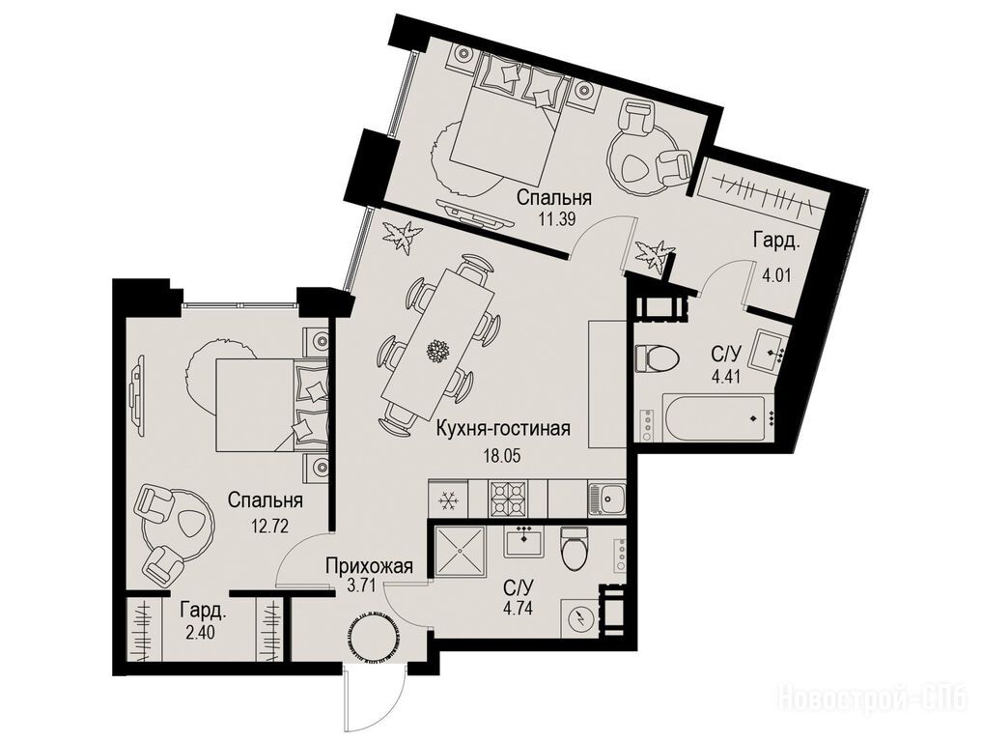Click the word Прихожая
tap(370, 566)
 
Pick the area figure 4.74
tap(518, 608)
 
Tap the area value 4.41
tap(726, 378)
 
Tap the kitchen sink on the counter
tap(606, 499)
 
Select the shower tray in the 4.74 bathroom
tap(460, 550)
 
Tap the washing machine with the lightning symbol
tap(580, 618)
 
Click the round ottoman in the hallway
tap(372, 638)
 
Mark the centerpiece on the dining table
tap(437, 351)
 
